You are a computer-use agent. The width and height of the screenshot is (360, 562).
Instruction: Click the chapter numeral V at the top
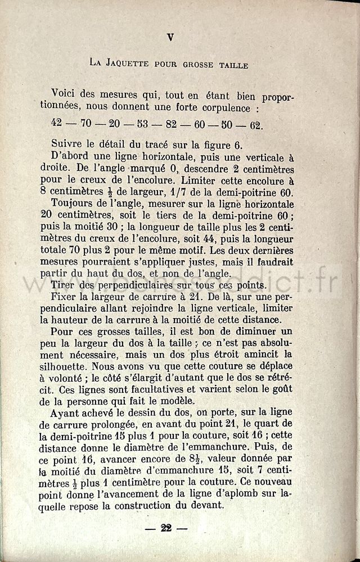tap(170, 37)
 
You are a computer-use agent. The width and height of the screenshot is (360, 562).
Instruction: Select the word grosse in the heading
tap(197, 65)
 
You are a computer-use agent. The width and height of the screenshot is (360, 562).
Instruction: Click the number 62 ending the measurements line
tap(272, 125)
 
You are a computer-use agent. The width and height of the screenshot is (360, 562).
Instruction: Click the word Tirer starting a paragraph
tap(63, 286)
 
